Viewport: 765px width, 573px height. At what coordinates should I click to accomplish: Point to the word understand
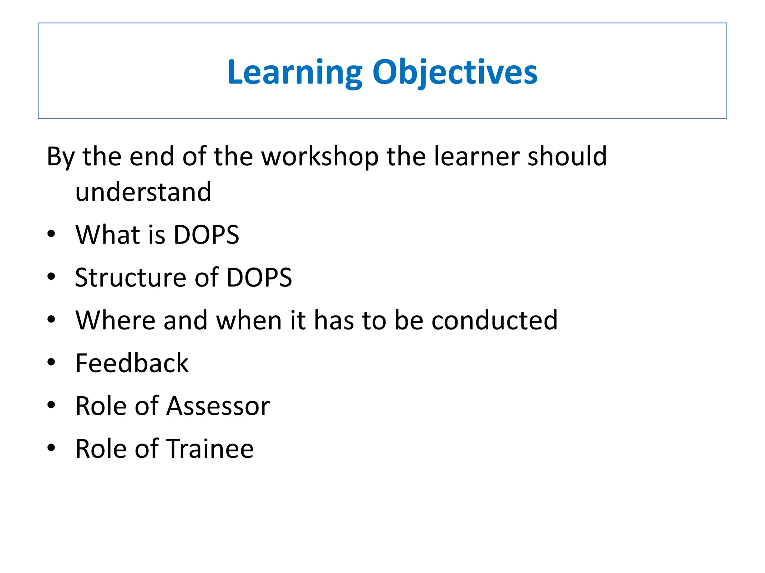[x=143, y=192]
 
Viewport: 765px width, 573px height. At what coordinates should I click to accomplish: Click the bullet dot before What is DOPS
[x=51, y=234]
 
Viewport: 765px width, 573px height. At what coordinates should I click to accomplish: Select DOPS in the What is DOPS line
[x=206, y=235]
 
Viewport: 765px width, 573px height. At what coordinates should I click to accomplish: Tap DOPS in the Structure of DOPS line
[x=259, y=278]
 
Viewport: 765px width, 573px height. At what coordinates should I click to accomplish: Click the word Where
[x=115, y=320]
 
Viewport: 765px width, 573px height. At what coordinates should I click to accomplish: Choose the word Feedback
[x=132, y=363]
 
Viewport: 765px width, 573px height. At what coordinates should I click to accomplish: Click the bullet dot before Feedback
[x=51, y=362]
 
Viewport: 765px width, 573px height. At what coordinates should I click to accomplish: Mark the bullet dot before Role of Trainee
[x=51, y=448]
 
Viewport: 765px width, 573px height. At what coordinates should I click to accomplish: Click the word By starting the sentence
[x=61, y=157]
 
